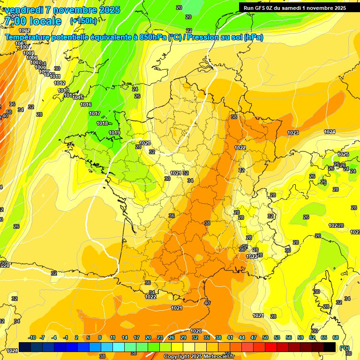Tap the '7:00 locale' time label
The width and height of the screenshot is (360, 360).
tap(32, 21)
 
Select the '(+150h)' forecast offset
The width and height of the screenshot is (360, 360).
tap(83, 21)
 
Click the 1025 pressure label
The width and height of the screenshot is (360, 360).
tap(343, 154)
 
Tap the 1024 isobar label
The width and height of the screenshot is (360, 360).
tap(330, 132)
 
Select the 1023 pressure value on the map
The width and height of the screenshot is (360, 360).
tap(293, 133)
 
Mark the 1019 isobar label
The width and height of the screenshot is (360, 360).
tap(114, 133)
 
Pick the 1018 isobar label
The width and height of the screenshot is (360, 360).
tap(102, 123)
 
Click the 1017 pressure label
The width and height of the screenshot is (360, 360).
tap(95, 113)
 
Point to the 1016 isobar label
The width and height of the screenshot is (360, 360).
tap(86, 105)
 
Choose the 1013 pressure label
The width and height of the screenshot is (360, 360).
tap(63, 90)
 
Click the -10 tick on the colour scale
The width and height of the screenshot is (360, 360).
tap(32, 337)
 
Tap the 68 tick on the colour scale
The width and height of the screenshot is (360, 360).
tap(336, 337)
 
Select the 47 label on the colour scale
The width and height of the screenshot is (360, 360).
tap(254, 337)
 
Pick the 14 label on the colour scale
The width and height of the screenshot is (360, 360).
tap(125, 337)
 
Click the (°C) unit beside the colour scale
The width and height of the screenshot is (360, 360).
tap(345, 348)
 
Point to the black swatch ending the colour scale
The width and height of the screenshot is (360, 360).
tap(330, 347)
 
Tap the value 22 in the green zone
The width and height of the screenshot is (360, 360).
tap(189, 30)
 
